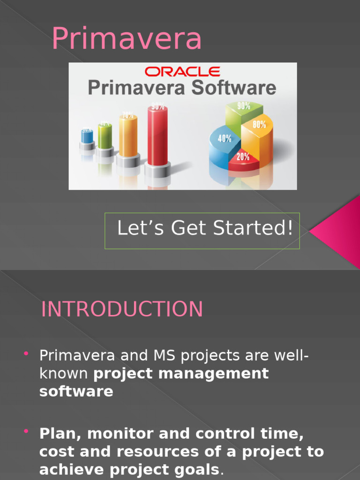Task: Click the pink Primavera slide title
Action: pos(127,39)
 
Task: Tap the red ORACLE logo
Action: pos(182,72)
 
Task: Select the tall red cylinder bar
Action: pos(157,136)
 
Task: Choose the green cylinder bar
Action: pos(105,136)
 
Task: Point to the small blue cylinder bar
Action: pos(87,136)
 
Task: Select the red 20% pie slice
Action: pos(243,159)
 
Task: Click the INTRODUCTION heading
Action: pos(122,309)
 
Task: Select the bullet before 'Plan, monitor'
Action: pos(26,431)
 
